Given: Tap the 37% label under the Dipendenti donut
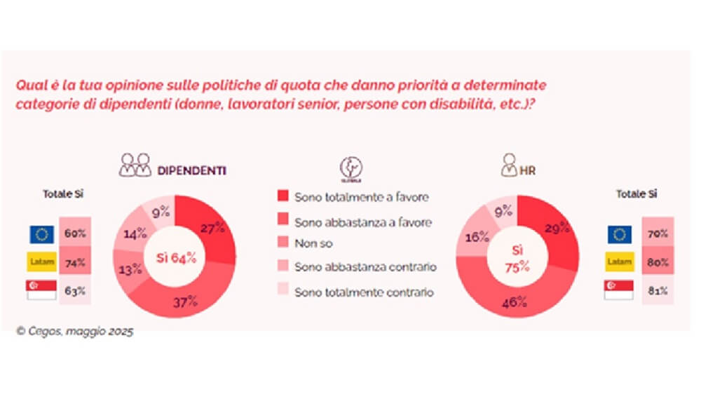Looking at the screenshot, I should pos(186,302).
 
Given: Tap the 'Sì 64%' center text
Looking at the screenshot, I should pos(175,257).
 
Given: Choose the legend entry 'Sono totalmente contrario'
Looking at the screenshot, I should pos(365,292).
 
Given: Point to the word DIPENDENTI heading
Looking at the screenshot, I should pos(191,170).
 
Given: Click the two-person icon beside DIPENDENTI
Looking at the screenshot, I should pos(135,165).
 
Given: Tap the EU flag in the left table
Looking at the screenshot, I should pos(41,234).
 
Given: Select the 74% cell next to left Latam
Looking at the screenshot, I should pos(75,263).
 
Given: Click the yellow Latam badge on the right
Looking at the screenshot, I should pos(619,263).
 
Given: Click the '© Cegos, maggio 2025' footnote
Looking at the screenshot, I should pos(74,332).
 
